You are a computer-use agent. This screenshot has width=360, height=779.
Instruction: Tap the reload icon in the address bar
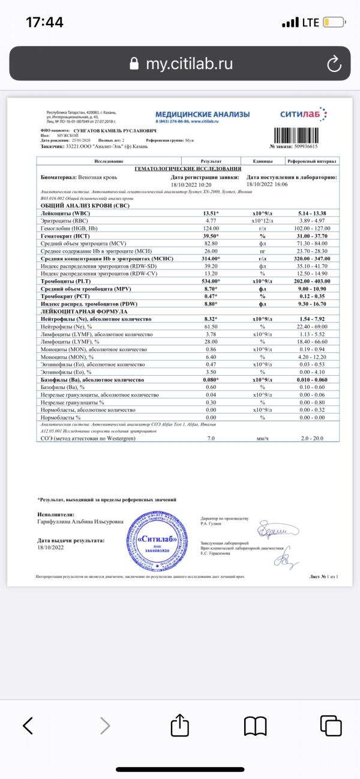point(333,64)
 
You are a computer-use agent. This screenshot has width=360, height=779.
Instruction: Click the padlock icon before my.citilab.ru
point(134,64)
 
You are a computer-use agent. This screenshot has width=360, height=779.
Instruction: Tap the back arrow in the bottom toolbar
point(28,726)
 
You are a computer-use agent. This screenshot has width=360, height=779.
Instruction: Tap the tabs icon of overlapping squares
point(330,726)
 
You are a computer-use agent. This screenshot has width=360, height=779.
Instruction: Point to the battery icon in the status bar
point(334,23)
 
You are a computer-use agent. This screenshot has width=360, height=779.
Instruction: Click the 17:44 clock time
point(44,23)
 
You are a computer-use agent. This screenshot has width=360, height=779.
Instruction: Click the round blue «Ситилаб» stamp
point(150,538)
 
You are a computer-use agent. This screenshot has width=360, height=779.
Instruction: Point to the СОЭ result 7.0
point(211,439)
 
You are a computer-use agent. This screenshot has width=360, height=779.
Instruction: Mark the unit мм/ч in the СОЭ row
point(262,439)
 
